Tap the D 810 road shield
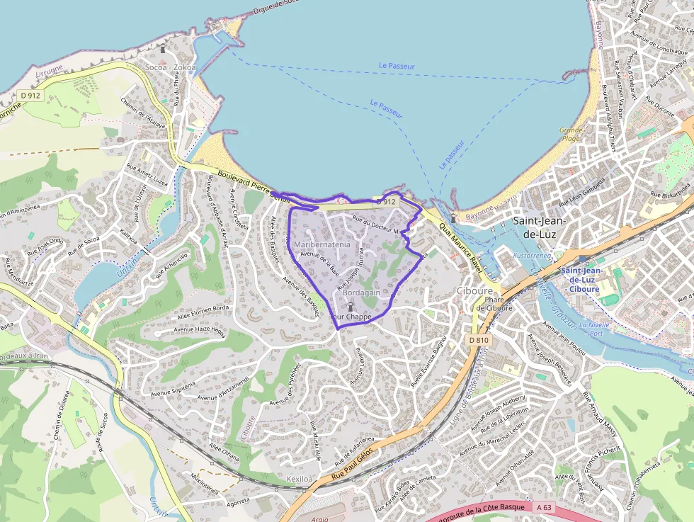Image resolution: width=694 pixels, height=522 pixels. pos(479,340)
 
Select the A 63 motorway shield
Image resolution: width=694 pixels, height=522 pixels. pos(543,507)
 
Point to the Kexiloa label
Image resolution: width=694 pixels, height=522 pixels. pos(299,480)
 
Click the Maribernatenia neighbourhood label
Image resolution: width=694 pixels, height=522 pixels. pos(322,244)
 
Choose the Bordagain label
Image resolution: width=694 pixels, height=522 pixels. pos(360,292)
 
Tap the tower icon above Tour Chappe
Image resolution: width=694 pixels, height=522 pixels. pos(351,305)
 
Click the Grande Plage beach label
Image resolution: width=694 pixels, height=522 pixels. pos(571,135)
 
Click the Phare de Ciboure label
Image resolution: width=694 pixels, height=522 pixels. pos(494,302)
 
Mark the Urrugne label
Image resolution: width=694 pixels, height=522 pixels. pos(48,70)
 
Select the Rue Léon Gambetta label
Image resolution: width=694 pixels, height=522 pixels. pos(583,193)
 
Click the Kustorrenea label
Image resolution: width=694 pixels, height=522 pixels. pos(532,254)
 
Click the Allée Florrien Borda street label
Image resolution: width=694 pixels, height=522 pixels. pos(204,308)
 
